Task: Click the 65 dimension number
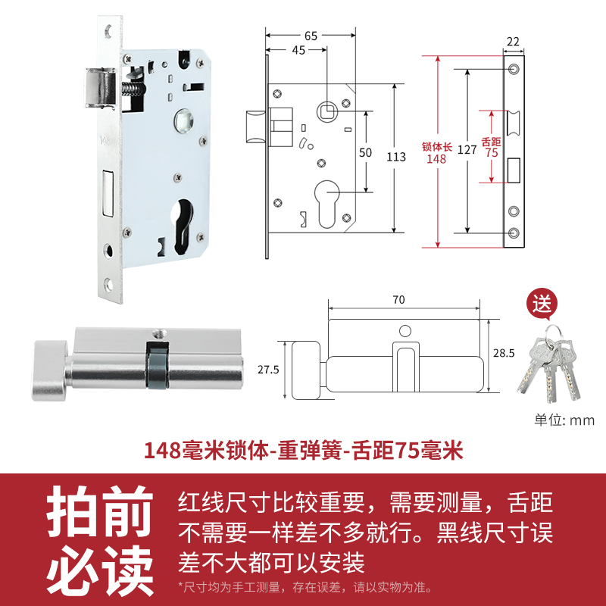pos(311,35)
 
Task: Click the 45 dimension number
pos(298,51)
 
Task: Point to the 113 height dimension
pos(395,158)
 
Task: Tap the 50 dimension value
pos(366,152)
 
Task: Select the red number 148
pos(436,158)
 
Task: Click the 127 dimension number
pos(467,150)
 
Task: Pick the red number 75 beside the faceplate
pos(491,151)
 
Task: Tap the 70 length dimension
pos(399,299)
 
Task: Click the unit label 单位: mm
pos(564,420)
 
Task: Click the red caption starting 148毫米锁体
pos(303,451)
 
